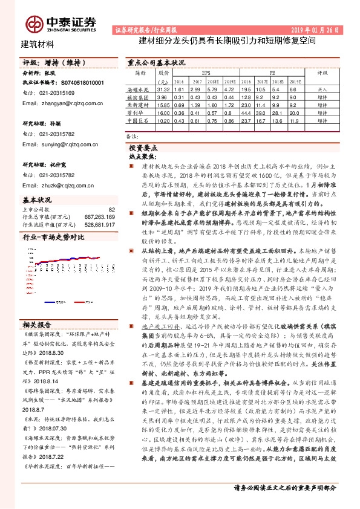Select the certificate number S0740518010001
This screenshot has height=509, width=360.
click(80, 82)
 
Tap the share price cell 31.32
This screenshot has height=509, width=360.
click(162, 89)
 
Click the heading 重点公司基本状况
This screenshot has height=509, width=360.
click(157, 62)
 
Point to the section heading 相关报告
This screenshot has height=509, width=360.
click(37, 323)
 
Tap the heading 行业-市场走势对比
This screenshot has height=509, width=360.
click(53, 238)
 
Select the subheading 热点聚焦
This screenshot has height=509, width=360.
click(143, 155)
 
